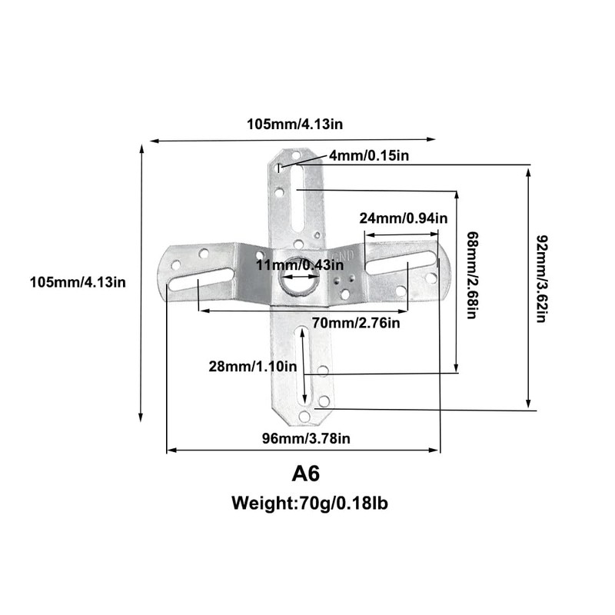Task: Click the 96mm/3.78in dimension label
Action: click(x=306, y=438)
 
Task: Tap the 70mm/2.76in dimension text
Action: click(x=356, y=323)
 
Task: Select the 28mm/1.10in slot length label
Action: click(x=253, y=367)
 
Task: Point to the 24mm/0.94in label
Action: click(x=404, y=218)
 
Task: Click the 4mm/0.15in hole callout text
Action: click(x=369, y=156)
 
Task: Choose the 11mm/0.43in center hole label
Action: click(x=300, y=264)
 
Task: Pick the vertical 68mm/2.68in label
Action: click(x=472, y=275)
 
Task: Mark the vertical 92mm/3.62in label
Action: click(x=542, y=278)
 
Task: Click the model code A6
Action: click(x=306, y=474)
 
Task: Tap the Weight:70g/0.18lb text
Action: click(x=310, y=504)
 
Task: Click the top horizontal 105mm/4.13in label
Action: click(x=294, y=124)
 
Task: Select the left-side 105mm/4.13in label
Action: click(x=78, y=282)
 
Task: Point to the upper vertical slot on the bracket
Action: click(x=299, y=199)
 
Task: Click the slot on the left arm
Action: click(x=200, y=279)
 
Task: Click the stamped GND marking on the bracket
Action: click(x=344, y=255)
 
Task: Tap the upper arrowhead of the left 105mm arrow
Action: click(x=141, y=148)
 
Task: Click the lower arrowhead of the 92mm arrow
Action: click(x=528, y=404)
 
